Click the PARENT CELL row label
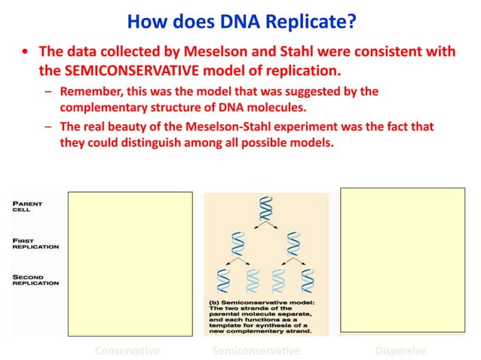click(x=28, y=206)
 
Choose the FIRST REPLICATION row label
click(x=35, y=244)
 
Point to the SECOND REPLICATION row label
click(x=35, y=279)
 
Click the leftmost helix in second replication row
click(x=223, y=279)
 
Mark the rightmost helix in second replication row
click(x=308, y=279)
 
